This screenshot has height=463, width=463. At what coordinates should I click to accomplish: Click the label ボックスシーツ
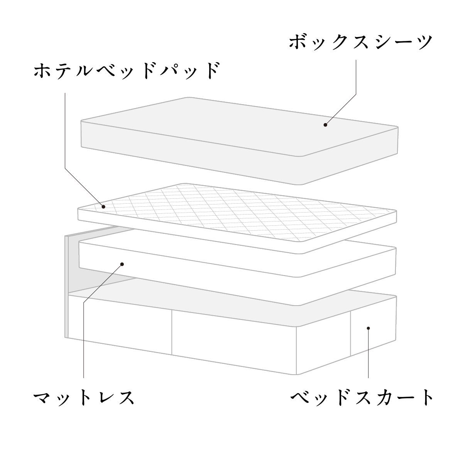[361, 42]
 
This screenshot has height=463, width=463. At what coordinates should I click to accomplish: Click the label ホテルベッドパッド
[127, 71]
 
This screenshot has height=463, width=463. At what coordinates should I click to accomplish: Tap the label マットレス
[84, 398]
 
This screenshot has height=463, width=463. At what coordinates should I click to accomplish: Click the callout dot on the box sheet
[325, 125]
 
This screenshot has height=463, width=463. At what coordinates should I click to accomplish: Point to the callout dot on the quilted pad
[103, 207]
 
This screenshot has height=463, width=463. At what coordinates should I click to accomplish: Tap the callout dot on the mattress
[122, 264]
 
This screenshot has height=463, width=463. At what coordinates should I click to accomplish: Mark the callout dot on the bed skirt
[368, 328]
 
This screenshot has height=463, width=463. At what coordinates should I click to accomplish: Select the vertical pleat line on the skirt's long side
[172, 332]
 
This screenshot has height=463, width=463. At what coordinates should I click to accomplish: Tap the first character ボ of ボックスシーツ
[298, 42]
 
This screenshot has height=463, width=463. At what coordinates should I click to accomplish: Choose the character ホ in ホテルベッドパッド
[43, 71]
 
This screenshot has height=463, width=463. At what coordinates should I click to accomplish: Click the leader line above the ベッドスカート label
[368, 353]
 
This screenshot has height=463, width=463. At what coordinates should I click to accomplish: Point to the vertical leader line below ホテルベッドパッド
[65, 131]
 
